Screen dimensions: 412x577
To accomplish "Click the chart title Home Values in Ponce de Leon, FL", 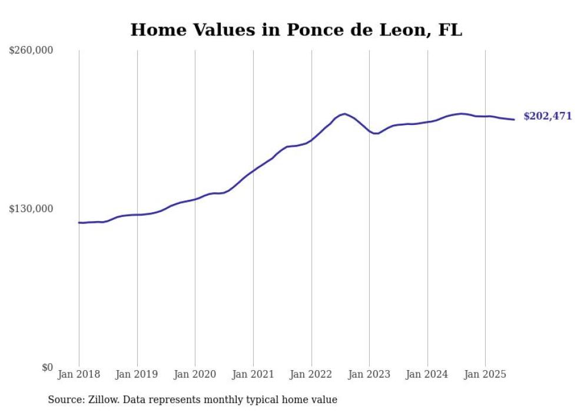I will click(296, 30).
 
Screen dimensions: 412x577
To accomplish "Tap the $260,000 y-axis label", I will click(31, 51).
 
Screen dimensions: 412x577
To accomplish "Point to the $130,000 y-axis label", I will click(31, 209).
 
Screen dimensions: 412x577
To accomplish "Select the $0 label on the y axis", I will click(47, 367).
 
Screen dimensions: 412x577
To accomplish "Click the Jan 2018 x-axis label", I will click(79, 374).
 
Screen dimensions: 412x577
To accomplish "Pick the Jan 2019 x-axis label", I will click(137, 374).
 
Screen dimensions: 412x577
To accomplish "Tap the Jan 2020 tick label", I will click(195, 374).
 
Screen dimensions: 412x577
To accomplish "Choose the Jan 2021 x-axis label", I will click(253, 374).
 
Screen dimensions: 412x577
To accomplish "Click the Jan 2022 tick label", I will click(311, 374).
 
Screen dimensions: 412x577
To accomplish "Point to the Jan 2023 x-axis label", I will click(369, 374).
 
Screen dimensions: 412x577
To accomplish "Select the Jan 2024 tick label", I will click(427, 374).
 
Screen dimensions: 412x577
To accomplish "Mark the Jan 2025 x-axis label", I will click(485, 374).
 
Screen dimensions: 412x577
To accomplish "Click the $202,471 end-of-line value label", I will click(548, 117).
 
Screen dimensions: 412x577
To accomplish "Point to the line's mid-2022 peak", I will click(344, 114).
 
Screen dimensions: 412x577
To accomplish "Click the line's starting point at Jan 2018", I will click(79, 223).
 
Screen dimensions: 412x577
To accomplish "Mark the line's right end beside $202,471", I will click(514, 120).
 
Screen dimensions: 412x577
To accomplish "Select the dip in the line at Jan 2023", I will click(375, 134).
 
